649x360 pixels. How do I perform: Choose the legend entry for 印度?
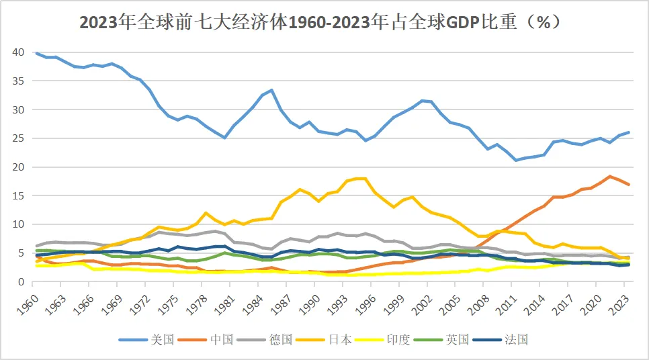pos(385,339)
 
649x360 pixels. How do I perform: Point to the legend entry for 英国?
pos(445,339)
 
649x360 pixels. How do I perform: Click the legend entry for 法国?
pos(504,339)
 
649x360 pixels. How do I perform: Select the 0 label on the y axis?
pos(22,281)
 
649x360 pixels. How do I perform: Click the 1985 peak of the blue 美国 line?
pos(271,90)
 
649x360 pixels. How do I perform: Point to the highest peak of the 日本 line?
pos(361,178)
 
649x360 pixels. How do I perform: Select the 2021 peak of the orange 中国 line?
pos(609,176)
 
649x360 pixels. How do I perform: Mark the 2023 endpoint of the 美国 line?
pos(628,132)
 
